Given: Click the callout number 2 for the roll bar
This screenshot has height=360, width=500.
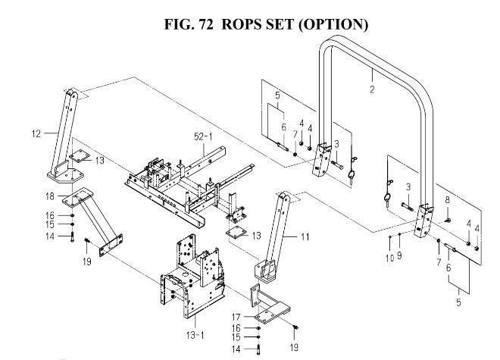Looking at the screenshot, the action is (x=372, y=89).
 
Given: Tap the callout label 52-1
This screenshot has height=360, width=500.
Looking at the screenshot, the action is (x=203, y=137).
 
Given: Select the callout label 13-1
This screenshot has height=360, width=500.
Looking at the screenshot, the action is (x=195, y=335).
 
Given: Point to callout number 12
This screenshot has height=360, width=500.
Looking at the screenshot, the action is (x=36, y=133).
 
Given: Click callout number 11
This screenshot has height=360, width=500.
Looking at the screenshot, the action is (x=305, y=236).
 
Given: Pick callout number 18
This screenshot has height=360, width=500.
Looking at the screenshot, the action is (x=50, y=196).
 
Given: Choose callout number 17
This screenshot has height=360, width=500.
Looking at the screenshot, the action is (x=236, y=317).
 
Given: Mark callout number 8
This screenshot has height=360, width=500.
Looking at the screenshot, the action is (x=448, y=200).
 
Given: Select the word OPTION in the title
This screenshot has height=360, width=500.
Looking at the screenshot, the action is (x=333, y=24).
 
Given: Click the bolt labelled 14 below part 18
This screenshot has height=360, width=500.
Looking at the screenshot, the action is (x=73, y=237).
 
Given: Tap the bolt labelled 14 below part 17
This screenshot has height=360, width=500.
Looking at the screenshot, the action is (x=258, y=349).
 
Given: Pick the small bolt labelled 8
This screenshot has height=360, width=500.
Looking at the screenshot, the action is (x=447, y=221).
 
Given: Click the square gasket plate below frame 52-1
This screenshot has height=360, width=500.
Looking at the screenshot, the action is (x=236, y=233).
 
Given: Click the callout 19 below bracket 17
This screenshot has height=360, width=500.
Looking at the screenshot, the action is (x=294, y=347).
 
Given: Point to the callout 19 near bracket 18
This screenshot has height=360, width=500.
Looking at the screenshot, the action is (x=86, y=261).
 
